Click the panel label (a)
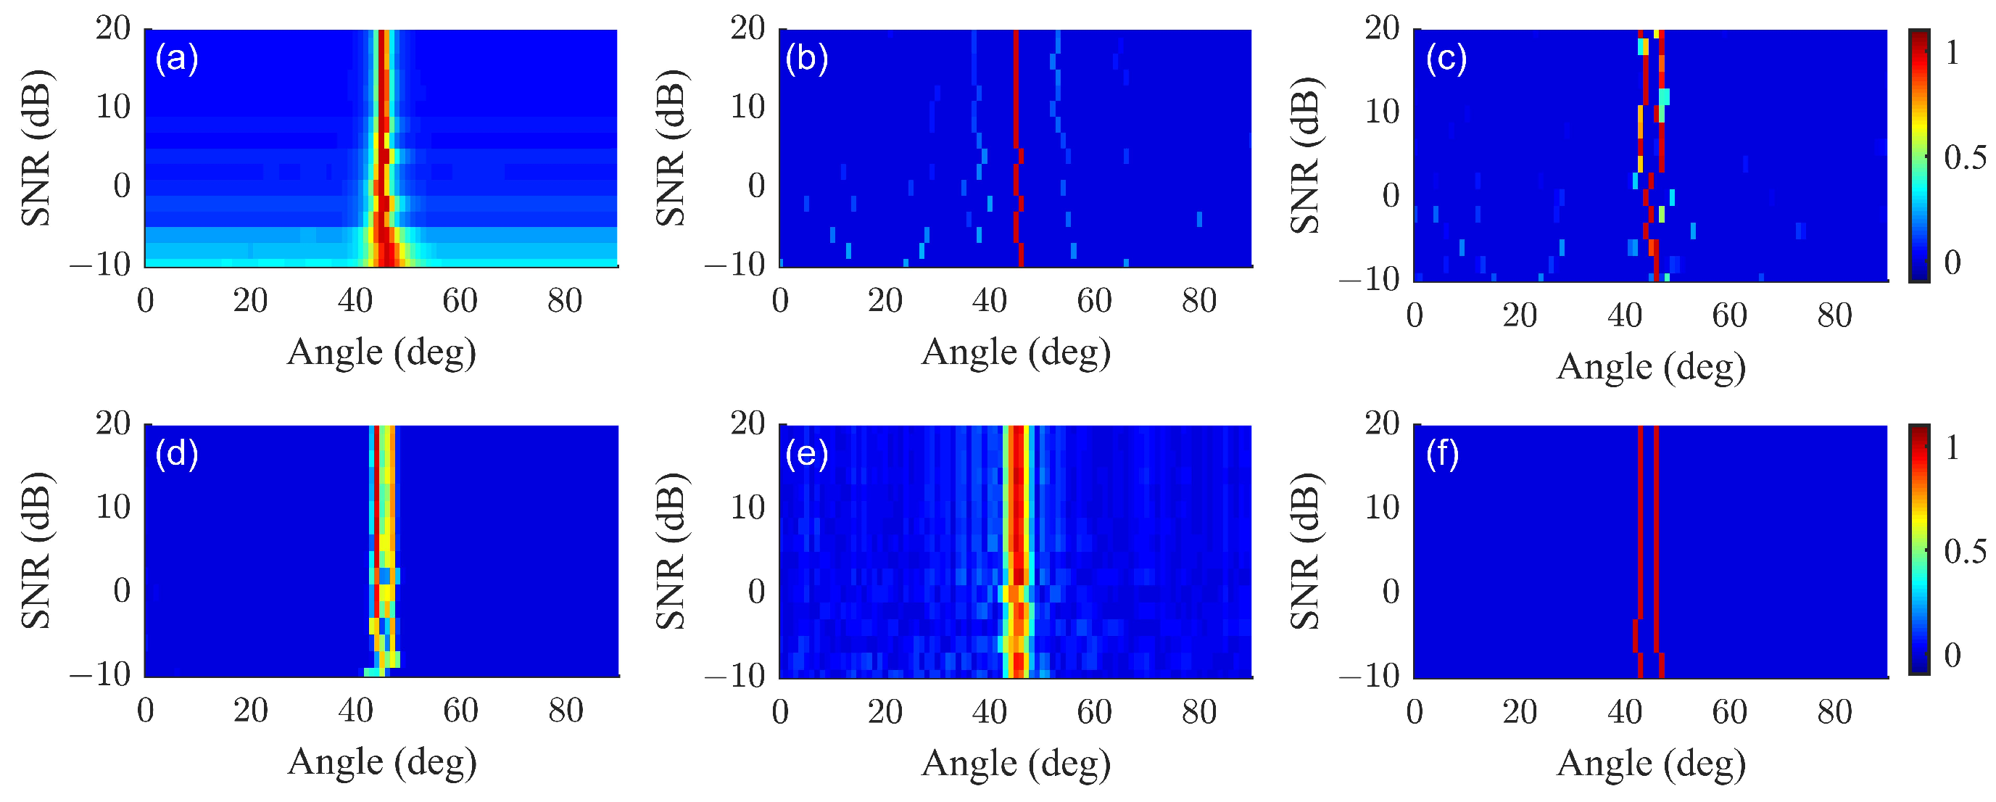tap(177, 59)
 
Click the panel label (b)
tap(807, 59)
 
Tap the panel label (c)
tap(1446, 59)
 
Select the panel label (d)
tap(177, 454)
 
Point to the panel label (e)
tap(807, 454)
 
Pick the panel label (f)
tap(1442, 454)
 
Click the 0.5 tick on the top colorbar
tap(1965, 157)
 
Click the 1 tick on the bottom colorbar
tap(1952, 448)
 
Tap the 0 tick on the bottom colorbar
tap(1952, 656)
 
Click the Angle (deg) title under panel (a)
tap(381, 353)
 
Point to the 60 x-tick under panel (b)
tap(1094, 302)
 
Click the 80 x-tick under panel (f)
tap(1834, 712)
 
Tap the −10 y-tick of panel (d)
tap(101, 675)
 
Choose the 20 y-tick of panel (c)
tap(1382, 29)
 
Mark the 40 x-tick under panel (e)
tap(990, 712)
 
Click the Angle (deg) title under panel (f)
tap(1650, 764)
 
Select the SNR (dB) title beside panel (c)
tap(1306, 155)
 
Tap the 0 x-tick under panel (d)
tap(146, 711)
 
